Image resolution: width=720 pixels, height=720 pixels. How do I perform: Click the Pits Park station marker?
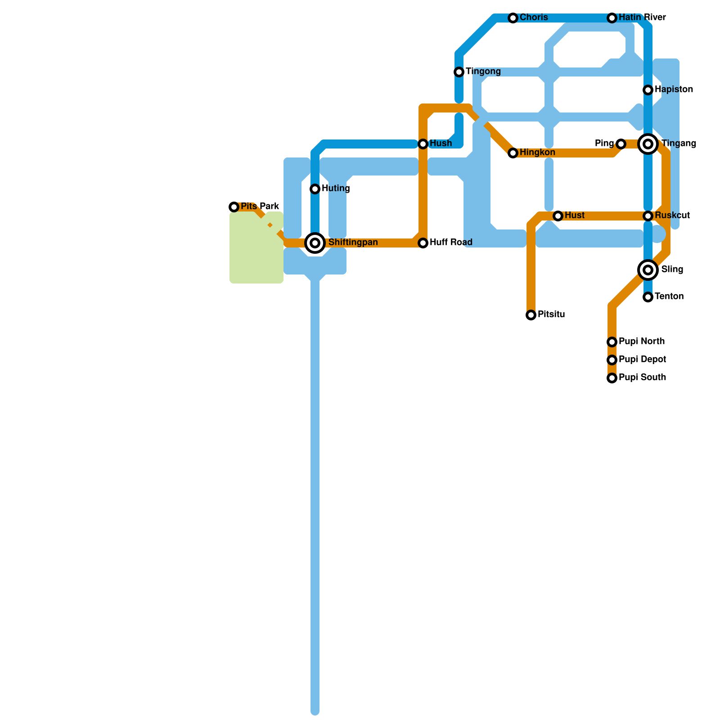point(234,207)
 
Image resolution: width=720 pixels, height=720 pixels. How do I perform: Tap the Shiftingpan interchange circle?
point(315,243)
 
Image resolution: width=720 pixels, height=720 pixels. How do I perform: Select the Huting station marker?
point(315,189)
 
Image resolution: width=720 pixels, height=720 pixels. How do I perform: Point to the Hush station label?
point(441,144)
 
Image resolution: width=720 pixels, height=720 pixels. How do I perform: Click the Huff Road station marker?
point(423,243)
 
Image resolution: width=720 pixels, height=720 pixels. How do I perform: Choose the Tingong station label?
point(483,72)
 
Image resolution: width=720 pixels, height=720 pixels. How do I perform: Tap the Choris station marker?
point(513,18)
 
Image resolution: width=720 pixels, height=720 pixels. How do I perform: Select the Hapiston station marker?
point(648,90)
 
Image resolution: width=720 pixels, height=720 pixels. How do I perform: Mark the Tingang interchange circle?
point(648,144)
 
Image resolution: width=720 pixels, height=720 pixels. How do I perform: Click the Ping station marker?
point(621,144)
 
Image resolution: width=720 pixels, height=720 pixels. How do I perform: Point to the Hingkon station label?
point(537,153)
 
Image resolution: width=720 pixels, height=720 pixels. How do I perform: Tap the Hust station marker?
point(558,216)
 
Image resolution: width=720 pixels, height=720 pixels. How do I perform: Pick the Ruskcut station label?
point(672,216)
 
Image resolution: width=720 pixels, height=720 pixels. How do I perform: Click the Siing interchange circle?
point(648,270)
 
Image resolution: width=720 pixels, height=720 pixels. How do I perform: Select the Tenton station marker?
point(648,297)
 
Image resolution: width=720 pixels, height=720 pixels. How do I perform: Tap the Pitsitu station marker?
point(531,315)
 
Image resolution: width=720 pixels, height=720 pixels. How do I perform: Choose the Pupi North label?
point(642,342)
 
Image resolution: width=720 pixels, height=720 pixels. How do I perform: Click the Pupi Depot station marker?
point(612,360)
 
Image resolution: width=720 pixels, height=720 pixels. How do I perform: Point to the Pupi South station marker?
point(612,378)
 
